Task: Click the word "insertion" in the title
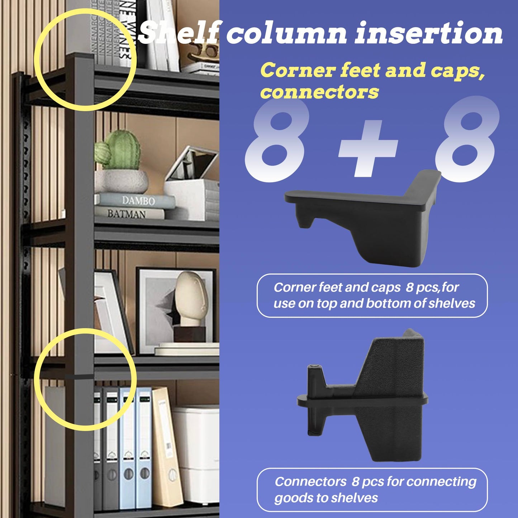pos(429,33)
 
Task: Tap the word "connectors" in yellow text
pos(319,92)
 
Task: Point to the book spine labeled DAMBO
pos(138,200)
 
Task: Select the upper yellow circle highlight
pos(85,60)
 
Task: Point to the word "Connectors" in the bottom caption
pos(310,482)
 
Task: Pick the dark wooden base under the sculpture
pos(190,334)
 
